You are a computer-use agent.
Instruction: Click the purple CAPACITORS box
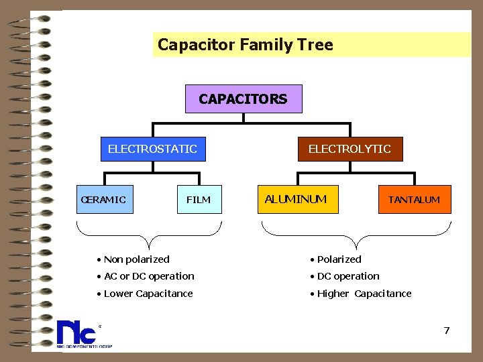(x=243, y=99)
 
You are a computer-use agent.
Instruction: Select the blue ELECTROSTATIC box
(x=152, y=149)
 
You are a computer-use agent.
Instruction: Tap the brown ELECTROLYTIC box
(x=349, y=149)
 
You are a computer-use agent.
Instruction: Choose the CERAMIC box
(x=105, y=199)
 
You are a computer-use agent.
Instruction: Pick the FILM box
(x=199, y=200)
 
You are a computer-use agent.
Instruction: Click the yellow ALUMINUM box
(x=297, y=199)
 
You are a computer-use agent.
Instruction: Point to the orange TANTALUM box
(x=414, y=200)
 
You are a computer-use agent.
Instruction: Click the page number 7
(x=446, y=330)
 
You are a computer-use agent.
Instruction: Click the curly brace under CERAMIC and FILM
(x=150, y=235)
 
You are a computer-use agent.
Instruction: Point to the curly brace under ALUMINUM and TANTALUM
(x=356, y=235)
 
